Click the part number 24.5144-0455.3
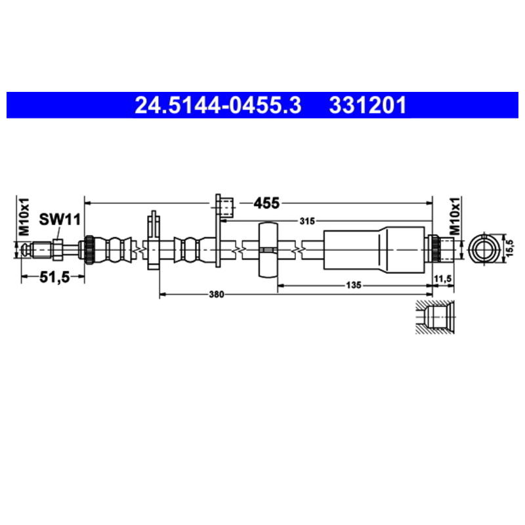218,105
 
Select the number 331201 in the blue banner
367,105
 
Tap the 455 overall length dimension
266,203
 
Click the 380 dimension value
217,295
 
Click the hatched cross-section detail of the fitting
434,318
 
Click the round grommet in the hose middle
268,249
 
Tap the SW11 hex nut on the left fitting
57,249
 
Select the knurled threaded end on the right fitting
432,249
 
